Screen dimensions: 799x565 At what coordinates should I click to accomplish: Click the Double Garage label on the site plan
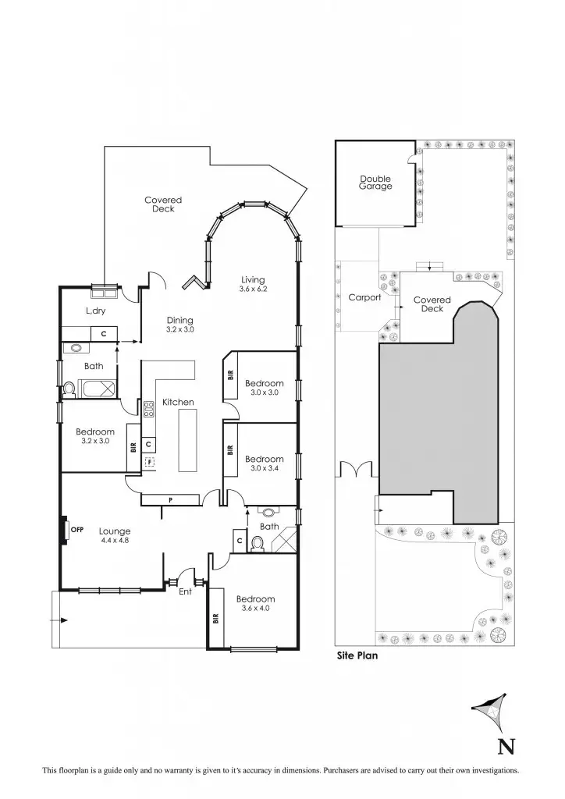[x=375, y=183]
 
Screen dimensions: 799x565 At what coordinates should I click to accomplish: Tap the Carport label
[x=364, y=297]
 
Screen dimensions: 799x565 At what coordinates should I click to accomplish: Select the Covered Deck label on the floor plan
[x=163, y=204]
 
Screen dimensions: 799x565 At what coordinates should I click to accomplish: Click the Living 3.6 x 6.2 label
[x=253, y=284]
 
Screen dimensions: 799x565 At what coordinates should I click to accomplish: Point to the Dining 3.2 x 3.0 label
[x=179, y=325]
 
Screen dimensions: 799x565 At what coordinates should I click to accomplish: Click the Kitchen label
[x=178, y=402]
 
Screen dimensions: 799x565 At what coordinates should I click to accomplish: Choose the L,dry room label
[x=95, y=311]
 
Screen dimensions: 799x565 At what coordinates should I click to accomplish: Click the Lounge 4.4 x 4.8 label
[x=115, y=535]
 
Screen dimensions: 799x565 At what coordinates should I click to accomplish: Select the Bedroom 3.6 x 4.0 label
[x=256, y=604]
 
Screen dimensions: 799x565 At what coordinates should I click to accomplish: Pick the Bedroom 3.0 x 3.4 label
[x=264, y=463]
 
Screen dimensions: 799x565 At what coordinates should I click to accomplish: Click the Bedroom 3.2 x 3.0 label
[x=95, y=436]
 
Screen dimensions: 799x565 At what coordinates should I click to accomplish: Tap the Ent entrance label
[x=186, y=591]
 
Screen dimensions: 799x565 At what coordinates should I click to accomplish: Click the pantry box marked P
[x=169, y=499]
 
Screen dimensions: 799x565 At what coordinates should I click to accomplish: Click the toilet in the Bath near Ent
[x=258, y=543]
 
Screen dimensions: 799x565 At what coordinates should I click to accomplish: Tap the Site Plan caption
[x=357, y=656]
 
